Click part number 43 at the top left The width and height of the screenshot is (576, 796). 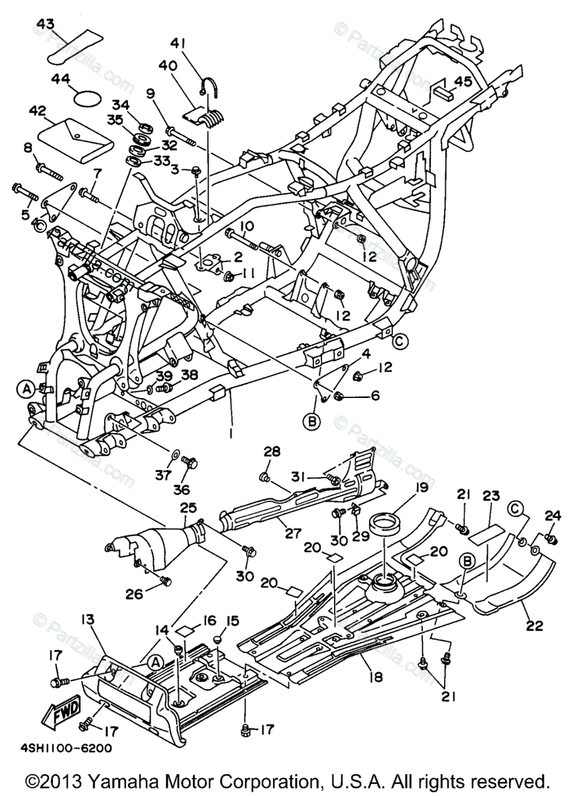coord(45,24)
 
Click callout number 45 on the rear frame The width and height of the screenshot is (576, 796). coord(463,82)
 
